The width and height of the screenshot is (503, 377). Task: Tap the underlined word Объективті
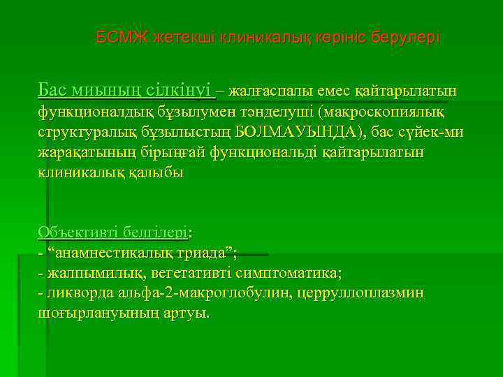click(x=78, y=231)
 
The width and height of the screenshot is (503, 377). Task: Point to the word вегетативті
click(x=184, y=272)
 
